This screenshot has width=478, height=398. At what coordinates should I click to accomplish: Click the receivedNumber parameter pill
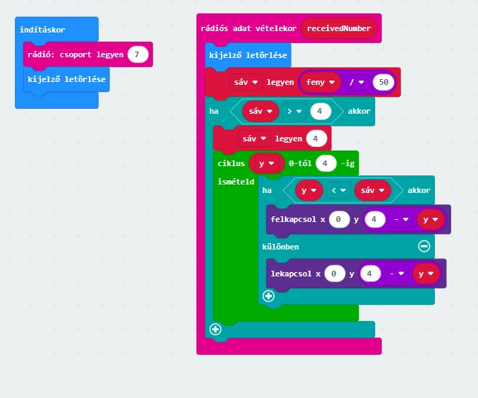tap(340, 29)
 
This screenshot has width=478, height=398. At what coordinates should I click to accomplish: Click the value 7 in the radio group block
tap(138, 54)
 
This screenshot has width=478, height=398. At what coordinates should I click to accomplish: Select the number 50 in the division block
tap(383, 82)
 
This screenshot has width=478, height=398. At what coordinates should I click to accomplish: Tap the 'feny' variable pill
tap(320, 82)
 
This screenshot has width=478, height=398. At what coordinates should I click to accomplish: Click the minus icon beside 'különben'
tap(424, 246)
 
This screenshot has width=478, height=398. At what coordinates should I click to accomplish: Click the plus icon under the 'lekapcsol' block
tap(268, 296)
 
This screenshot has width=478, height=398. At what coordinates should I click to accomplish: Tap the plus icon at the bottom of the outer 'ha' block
tap(215, 329)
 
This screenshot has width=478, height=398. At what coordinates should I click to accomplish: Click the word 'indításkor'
tap(43, 31)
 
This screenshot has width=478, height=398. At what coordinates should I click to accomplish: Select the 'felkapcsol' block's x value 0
tap(339, 220)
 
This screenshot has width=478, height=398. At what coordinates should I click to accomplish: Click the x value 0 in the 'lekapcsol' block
tap(335, 273)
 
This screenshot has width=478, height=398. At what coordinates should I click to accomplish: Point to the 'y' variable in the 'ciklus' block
tap(265, 163)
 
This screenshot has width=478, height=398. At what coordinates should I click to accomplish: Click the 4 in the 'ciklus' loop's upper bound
tap(325, 163)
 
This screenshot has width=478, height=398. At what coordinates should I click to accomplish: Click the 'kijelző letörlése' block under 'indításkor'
tap(66, 79)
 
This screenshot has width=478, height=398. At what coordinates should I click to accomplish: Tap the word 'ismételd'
tap(235, 182)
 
